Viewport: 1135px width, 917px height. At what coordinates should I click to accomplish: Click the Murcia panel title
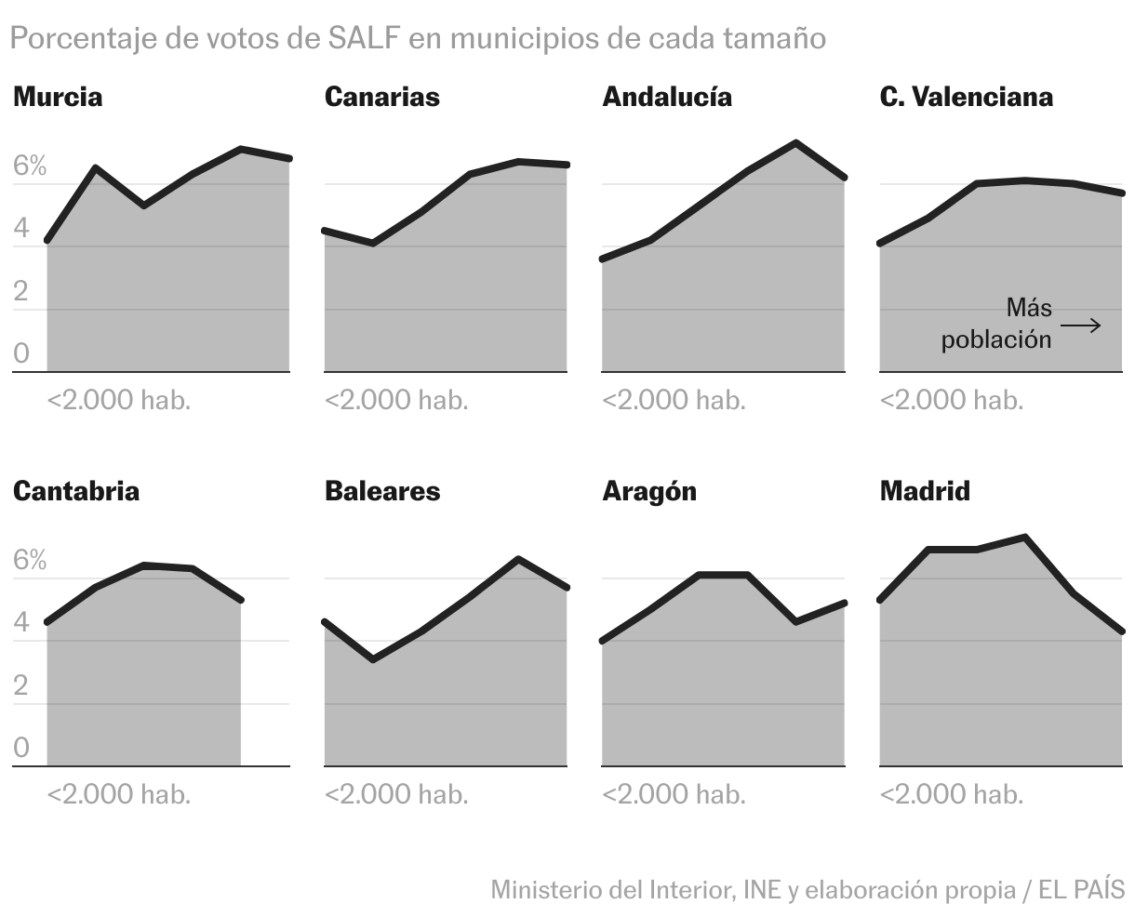click(58, 97)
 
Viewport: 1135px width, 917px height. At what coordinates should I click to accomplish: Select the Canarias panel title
click(381, 97)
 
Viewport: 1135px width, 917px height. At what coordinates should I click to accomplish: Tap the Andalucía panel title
click(667, 97)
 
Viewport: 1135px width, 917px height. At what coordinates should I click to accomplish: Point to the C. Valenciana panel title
click(966, 97)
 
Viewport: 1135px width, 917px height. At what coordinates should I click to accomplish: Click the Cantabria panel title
click(76, 491)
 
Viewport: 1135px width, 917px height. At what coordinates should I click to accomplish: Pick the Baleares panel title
click(381, 491)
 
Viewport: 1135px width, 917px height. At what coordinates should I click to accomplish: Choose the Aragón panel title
click(649, 491)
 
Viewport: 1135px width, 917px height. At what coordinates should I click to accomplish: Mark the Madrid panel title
click(925, 491)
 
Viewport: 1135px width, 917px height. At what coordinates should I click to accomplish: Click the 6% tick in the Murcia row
click(30, 166)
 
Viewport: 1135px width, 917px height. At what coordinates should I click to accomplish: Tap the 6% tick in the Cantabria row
click(30, 560)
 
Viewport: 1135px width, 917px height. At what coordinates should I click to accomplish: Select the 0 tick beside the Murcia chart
click(21, 354)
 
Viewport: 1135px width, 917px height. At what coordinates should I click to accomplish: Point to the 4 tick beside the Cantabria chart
click(21, 623)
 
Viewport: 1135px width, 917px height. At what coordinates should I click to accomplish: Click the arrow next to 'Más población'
click(1081, 326)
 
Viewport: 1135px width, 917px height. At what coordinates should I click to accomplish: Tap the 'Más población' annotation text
click(997, 323)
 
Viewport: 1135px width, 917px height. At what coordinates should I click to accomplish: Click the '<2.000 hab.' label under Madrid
click(951, 794)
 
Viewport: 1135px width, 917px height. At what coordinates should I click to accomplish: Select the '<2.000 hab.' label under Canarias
click(396, 400)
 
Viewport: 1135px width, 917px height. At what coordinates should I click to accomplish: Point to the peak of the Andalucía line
click(795, 143)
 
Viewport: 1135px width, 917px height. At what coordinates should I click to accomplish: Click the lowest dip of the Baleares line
click(373, 659)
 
